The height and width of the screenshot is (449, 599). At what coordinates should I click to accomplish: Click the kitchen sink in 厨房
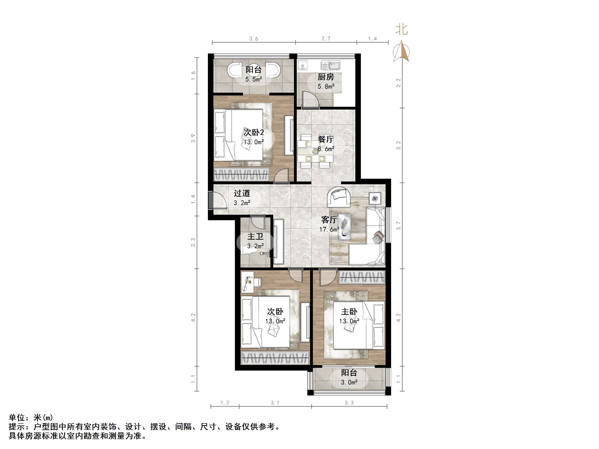pos(330,65)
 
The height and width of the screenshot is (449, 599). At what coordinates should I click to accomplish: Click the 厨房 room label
pos(326,77)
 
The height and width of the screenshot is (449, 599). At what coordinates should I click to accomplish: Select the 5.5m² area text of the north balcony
pos(253,79)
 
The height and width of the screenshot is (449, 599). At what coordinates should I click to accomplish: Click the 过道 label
pos(242,193)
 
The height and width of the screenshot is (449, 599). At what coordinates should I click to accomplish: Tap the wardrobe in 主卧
pos(362,277)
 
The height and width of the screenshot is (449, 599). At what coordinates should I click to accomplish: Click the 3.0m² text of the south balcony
pos(349,382)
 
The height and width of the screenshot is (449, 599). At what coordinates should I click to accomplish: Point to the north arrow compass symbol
pos(401,51)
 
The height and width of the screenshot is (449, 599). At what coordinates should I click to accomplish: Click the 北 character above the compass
pos(401,29)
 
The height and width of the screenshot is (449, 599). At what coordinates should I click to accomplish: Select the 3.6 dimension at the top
pos(253,39)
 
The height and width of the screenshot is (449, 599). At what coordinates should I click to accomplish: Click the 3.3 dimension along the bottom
pos(349,403)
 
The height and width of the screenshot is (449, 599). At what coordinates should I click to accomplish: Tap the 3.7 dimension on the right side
pos(398,226)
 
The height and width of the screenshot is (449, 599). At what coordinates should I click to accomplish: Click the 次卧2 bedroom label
pos(253,132)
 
